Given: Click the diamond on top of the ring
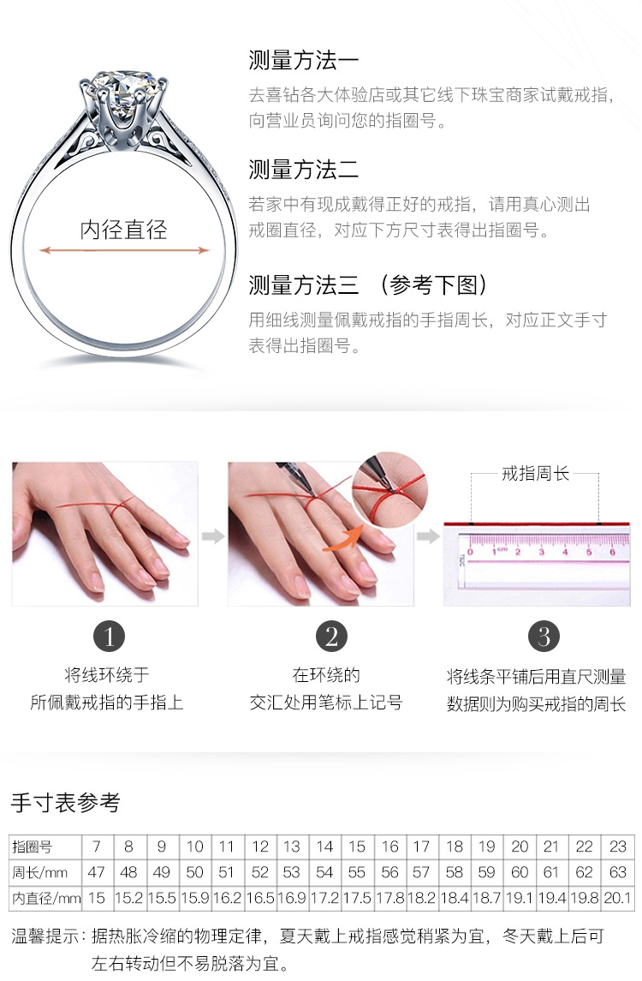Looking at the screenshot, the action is pyautogui.click(x=123, y=87).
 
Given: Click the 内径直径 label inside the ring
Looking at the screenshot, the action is pyautogui.click(x=124, y=230).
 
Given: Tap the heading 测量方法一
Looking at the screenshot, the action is pyautogui.click(x=304, y=60).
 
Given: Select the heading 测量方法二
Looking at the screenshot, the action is pyautogui.click(x=304, y=169).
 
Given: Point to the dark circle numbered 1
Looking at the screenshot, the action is pyautogui.click(x=109, y=637).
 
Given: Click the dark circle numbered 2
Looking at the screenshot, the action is pyautogui.click(x=331, y=637).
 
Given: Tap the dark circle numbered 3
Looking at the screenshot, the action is pyautogui.click(x=544, y=637).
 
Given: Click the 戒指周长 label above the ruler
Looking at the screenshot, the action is pyautogui.click(x=535, y=474).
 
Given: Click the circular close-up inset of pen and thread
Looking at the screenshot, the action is pyautogui.click(x=390, y=490).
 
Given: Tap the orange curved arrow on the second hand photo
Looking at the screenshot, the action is pyautogui.click(x=342, y=539).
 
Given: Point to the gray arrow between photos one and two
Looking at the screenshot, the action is pyautogui.click(x=213, y=536).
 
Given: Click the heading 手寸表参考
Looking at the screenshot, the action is pyautogui.click(x=66, y=802).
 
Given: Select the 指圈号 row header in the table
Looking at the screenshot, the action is pyautogui.click(x=32, y=846).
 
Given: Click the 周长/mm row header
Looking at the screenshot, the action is pyautogui.click(x=40, y=872).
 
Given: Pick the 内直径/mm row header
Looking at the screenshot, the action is pyautogui.click(x=46, y=899).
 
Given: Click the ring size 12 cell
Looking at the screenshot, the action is pyautogui.click(x=260, y=846).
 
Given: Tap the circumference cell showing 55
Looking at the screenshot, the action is pyautogui.click(x=357, y=872).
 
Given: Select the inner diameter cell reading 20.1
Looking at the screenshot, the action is pyautogui.click(x=617, y=898).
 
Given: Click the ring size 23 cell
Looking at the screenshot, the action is pyautogui.click(x=617, y=846).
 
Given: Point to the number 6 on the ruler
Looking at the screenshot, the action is pyautogui.click(x=613, y=552).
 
